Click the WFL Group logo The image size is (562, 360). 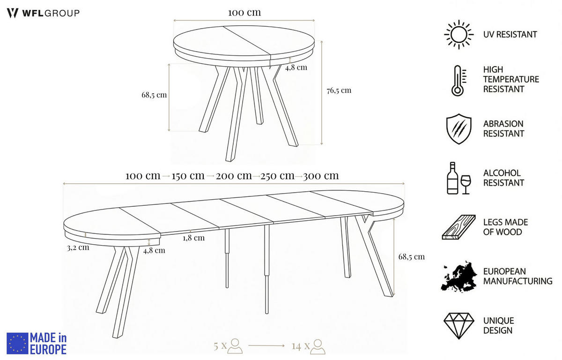(43, 13)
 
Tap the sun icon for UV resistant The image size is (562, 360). (459, 35)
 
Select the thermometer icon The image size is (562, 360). (458, 81)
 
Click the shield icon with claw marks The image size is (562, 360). (459, 129)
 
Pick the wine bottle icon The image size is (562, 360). (452, 178)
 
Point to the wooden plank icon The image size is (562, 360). (458, 227)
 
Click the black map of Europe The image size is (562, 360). (459, 277)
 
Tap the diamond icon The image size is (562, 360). (459, 326)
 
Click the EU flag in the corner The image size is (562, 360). (17, 344)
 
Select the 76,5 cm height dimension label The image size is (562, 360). (339, 90)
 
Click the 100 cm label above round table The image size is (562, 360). (244, 13)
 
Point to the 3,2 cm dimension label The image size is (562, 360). (78, 247)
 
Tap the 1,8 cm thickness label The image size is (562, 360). (194, 238)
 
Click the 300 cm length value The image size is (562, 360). (321, 176)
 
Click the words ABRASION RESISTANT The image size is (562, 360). (503, 129)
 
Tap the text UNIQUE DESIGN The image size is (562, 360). (498, 326)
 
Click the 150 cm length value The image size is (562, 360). (188, 176)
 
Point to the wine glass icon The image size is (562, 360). (466, 185)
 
